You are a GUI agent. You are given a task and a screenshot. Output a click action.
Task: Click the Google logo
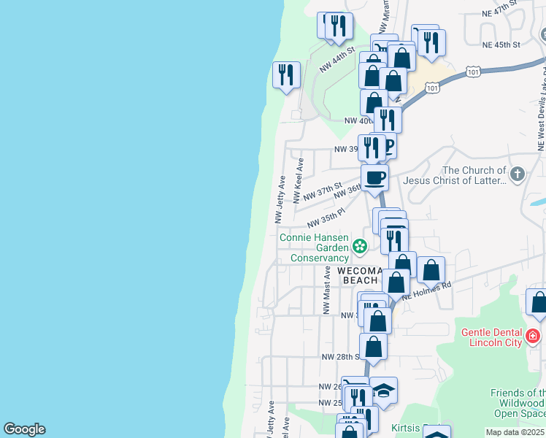pyautogui.click(x=24, y=429)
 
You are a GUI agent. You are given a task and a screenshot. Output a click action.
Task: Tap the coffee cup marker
pyautogui.click(x=374, y=178)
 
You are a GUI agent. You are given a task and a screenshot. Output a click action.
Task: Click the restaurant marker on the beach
pyautogui.click(x=285, y=75)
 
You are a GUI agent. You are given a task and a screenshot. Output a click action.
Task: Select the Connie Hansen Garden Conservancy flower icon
pyautogui.click(x=359, y=247)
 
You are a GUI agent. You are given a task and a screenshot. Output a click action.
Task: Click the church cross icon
pyautogui.click(x=518, y=174)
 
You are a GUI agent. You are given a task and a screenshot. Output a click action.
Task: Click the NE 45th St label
pyautogui.click(x=501, y=45)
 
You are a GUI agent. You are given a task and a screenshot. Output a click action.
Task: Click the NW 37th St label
pyautogui.click(x=322, y=193)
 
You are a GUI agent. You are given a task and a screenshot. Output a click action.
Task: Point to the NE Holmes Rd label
pyautogui.click(x=428, y=288)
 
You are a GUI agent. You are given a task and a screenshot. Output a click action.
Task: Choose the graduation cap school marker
pyautogui.click(x=383, y=391)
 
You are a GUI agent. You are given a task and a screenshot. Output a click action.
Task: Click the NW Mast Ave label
pyautogui.click(x=327, y=290)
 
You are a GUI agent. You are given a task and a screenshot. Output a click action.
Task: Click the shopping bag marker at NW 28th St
pyautogui.click(x=374, y=347)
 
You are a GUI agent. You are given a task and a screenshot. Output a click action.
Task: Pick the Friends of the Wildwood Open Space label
pyautogui.click(x=517, y=403)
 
